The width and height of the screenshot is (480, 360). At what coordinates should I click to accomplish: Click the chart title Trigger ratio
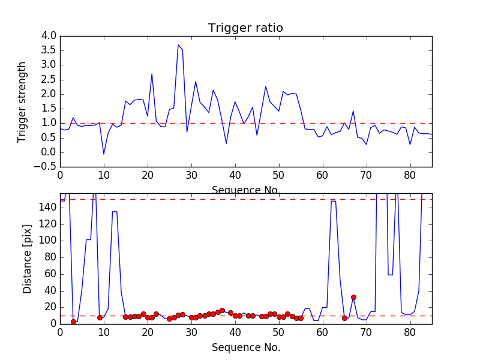pos(245,28)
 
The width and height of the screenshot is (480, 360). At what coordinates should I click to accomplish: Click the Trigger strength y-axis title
pos(22,101)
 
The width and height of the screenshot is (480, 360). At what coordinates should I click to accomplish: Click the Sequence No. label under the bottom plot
pos(245,347)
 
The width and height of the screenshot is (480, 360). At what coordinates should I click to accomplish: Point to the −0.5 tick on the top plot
pos(46,166)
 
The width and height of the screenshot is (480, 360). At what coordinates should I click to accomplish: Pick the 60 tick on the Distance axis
pos(50,274)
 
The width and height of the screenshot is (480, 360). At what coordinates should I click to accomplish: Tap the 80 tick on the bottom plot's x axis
pos(410,332)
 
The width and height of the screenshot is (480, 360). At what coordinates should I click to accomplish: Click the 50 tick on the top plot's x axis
pos(278,176)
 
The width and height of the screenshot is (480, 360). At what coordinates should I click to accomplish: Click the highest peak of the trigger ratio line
pos(178,45)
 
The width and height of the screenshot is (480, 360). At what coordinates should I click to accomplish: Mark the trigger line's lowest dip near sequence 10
pos(104,154)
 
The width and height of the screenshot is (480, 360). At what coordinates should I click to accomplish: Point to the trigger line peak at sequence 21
pos(152,74)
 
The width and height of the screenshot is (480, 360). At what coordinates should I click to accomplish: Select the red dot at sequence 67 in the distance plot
pos(353,297)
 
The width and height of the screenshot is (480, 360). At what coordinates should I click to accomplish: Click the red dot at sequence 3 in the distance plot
pos(73,322)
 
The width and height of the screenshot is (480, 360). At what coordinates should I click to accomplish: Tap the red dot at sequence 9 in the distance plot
pos(100,317)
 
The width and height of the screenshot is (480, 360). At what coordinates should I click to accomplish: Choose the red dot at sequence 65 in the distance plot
pos(344,318)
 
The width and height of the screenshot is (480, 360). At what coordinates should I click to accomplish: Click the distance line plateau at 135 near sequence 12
pos(115,212)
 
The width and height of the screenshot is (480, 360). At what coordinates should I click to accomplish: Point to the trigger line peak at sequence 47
pos(266,86)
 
